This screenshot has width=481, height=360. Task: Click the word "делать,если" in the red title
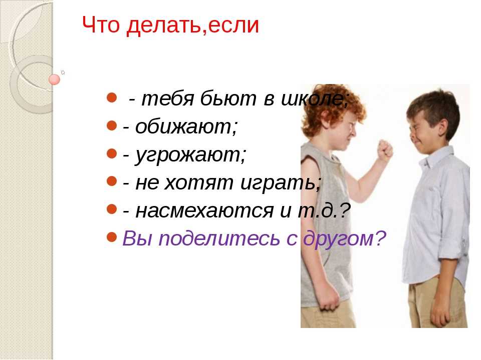[x=192, y=25]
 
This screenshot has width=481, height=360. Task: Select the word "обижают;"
[x=186, y=126]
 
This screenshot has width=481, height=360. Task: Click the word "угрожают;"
[x=190, y=155]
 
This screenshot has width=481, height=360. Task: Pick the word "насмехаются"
[x=204, y=210]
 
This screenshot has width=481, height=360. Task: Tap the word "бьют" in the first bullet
[x=228, y=98]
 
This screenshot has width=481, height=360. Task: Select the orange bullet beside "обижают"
[x=112, y=125]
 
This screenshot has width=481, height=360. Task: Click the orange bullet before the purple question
[x=112, y=237]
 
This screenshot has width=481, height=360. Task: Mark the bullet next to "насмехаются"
[x=112, y=209]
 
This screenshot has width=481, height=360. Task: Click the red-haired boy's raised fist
[x=385, y=150]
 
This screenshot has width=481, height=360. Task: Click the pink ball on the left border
[x=54, y=79]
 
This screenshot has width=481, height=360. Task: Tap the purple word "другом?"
[x=344, y=238]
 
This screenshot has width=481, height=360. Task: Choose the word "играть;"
[x=281, y=183]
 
